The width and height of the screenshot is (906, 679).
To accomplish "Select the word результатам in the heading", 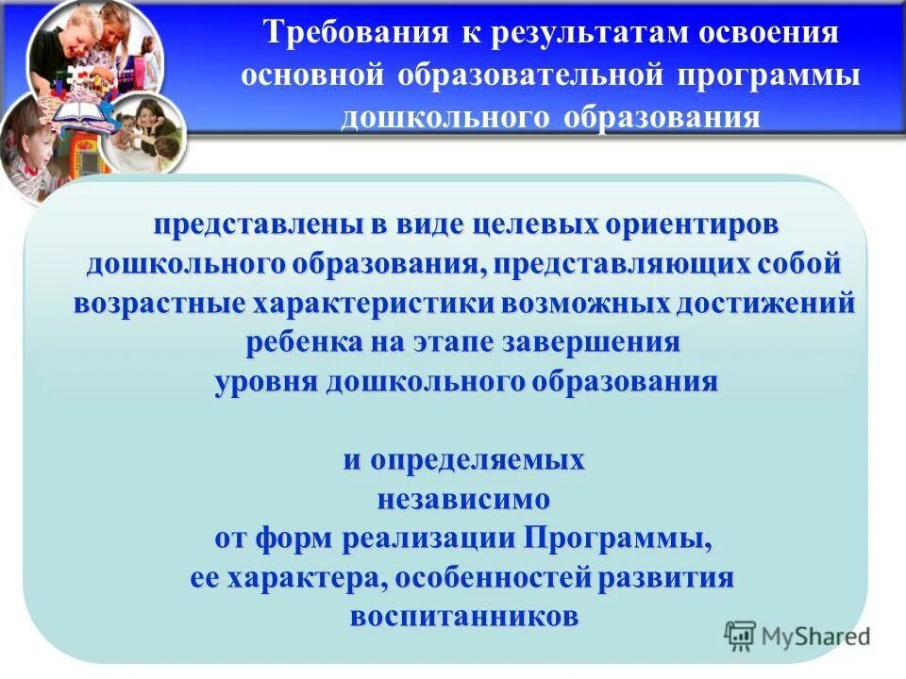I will click(581, 34).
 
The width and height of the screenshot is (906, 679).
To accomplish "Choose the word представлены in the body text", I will click(252, 226).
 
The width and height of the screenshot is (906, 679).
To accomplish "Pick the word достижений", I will click(763, 305).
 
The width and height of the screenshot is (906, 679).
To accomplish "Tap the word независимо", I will click(463, 500).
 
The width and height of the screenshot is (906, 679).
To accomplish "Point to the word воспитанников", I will click(463, 618).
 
